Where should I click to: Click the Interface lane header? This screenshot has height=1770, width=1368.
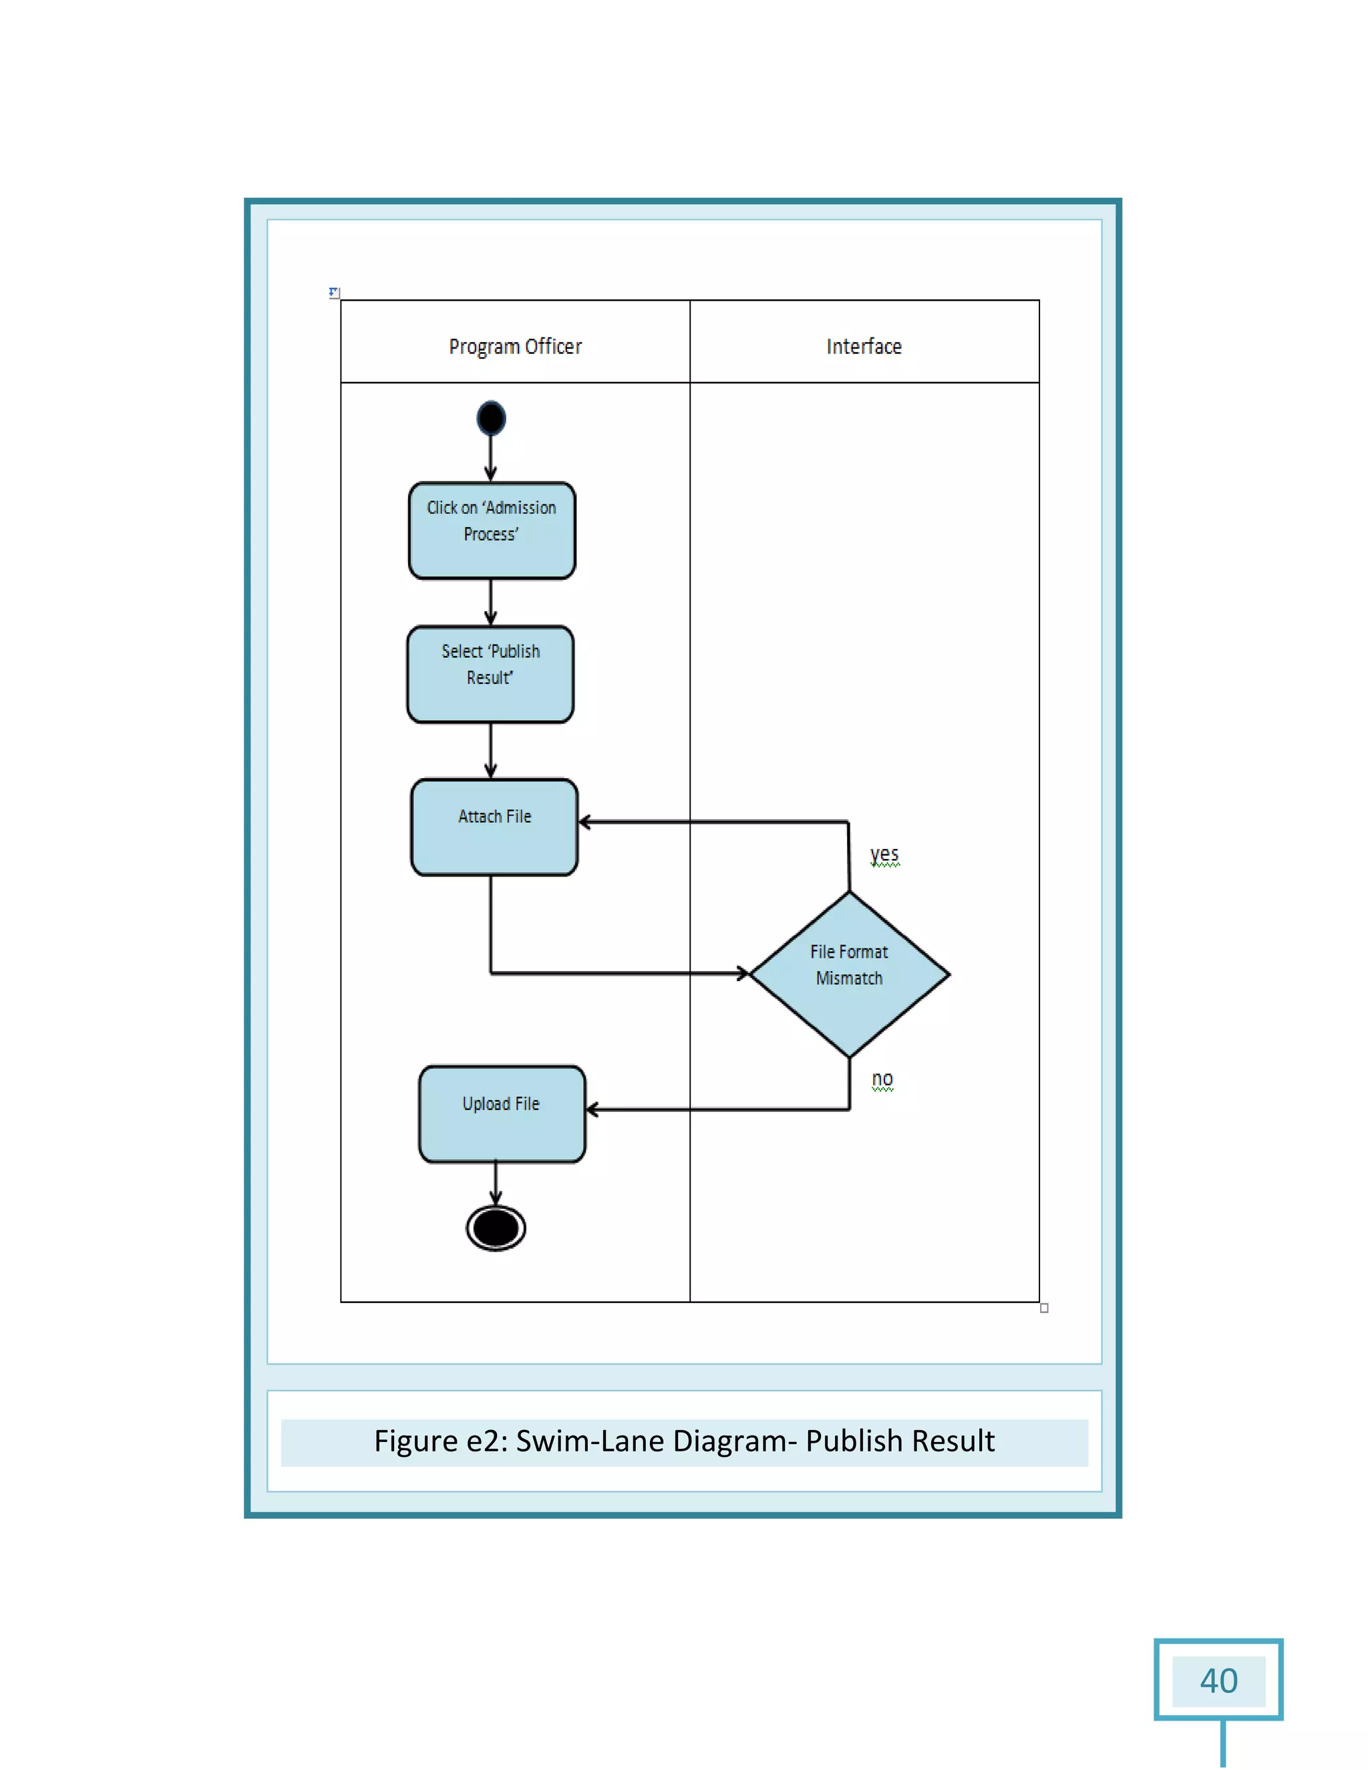(864, 346)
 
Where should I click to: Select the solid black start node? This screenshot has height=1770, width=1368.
(491, 418)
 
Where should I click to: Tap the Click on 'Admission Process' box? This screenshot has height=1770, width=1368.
(491, 530)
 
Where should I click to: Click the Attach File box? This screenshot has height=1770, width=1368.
(494, 827)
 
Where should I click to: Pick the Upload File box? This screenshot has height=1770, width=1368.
(502, 1113)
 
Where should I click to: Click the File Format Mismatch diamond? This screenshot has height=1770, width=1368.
(850, 973)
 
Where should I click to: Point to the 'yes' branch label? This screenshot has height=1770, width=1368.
(884, 854)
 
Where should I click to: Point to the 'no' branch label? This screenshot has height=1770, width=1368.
(882, 1079)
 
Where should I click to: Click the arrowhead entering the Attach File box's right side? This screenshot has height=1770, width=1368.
(584, 822)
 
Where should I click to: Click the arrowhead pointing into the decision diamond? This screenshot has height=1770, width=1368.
(743, 972)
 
